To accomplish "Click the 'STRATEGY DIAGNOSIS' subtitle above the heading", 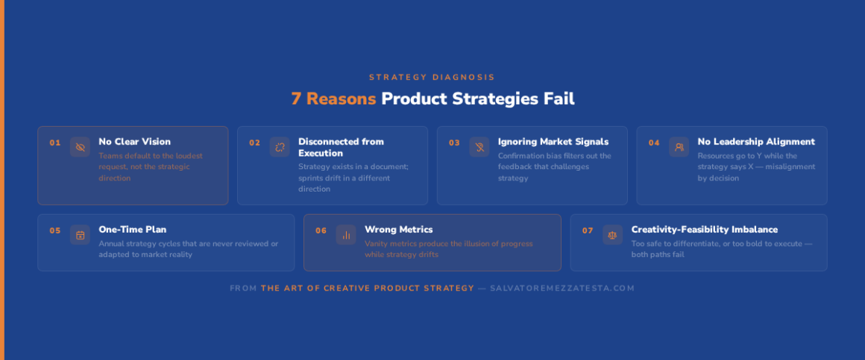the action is point(432,78).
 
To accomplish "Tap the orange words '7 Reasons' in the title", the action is point(334,98).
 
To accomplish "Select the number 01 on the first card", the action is point(54,143).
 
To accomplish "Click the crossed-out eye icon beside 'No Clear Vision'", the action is point(80,147).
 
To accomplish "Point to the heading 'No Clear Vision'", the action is point(135,142).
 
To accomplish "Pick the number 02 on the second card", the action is point(254,143).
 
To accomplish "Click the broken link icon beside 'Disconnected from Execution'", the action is point(280,147).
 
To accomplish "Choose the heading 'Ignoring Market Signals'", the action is point(553,142).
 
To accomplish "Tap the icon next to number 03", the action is point(479,147).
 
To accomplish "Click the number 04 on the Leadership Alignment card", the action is point(654,143).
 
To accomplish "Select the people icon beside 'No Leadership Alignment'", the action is point(679,147).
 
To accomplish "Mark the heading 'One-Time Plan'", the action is point(133,230).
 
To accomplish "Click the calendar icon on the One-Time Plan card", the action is point(80,235).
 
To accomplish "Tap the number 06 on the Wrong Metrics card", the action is point(321,230).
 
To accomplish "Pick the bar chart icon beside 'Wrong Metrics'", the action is point(346,235).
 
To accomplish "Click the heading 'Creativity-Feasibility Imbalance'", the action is point(705,230).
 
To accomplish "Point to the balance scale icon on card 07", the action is point(612,235).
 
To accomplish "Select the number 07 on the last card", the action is point(588,230).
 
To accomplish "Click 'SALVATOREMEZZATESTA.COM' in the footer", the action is point(562,288).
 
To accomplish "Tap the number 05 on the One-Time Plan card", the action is point(54,230).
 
